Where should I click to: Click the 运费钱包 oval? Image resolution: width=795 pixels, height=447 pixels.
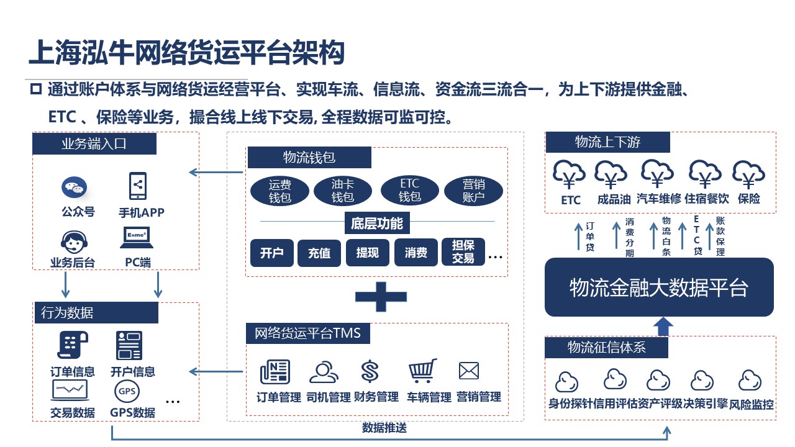coord(280,191)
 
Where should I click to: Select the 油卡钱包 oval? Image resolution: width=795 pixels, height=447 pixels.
coord(342,191)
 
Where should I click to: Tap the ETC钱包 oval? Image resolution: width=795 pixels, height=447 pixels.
coord(409,191)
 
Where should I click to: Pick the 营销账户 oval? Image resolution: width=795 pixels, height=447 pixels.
coord(473,191)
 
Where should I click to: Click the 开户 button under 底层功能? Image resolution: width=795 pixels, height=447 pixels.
coord(271,253)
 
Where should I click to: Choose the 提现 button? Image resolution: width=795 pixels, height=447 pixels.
coord(367,253)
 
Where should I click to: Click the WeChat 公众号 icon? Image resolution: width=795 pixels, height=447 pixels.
coord(74,187)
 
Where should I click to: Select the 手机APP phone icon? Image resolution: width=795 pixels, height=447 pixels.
coord(137,186)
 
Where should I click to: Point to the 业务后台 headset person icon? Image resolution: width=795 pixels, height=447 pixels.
coord(73,241)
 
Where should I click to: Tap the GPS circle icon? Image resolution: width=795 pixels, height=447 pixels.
coord(127,392)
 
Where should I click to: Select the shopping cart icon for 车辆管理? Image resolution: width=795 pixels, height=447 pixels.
coord(422,371)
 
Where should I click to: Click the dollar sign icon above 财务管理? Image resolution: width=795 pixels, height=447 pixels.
coord(370,372)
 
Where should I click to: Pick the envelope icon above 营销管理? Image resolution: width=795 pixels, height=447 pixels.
coord(469,371)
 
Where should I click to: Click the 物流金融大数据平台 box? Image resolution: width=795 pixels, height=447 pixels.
coord(659,287)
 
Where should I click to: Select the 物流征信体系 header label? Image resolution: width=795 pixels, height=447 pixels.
coord(607,348)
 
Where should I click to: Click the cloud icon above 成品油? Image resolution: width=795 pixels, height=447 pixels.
coord(611,174)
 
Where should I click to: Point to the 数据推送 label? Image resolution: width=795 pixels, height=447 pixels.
coord(384,428)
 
